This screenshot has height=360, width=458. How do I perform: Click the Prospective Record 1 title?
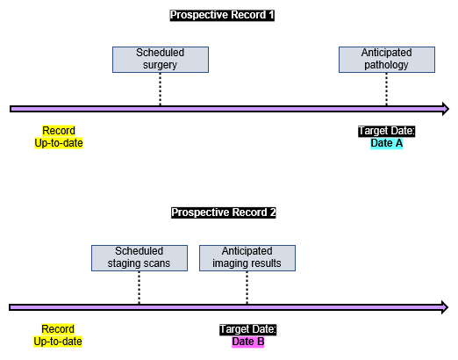tap(222, 15)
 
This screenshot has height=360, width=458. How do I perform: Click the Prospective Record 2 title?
tap(224, 212)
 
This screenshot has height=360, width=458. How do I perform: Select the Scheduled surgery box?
tap(161, 60)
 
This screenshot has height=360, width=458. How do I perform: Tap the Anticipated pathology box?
tap(387, 60)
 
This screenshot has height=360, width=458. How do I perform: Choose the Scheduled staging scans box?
tap(140, 258)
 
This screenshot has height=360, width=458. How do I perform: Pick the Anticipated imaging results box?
tap(247, 258)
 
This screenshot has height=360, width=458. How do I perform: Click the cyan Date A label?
tap(387, 143)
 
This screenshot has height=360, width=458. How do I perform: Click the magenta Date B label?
tap(248, 342)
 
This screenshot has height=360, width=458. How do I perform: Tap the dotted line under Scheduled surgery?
tap(160, 89)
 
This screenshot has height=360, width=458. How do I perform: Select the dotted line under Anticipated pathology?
tap(386, 89)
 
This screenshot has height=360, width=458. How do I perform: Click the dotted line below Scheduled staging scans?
tap(139, 287)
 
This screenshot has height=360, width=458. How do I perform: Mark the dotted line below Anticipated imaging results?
tap(247, 287)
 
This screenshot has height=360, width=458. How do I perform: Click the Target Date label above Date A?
tap(387, 131)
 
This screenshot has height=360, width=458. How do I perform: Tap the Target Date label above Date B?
tap(248, 329)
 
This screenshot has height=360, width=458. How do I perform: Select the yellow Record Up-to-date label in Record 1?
tap(59, 137)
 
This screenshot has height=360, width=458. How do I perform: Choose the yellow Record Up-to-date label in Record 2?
tap(58, 335)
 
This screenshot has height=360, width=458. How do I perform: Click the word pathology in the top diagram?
tap(386, 65)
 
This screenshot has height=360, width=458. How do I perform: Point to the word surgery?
tap(160, 65)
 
